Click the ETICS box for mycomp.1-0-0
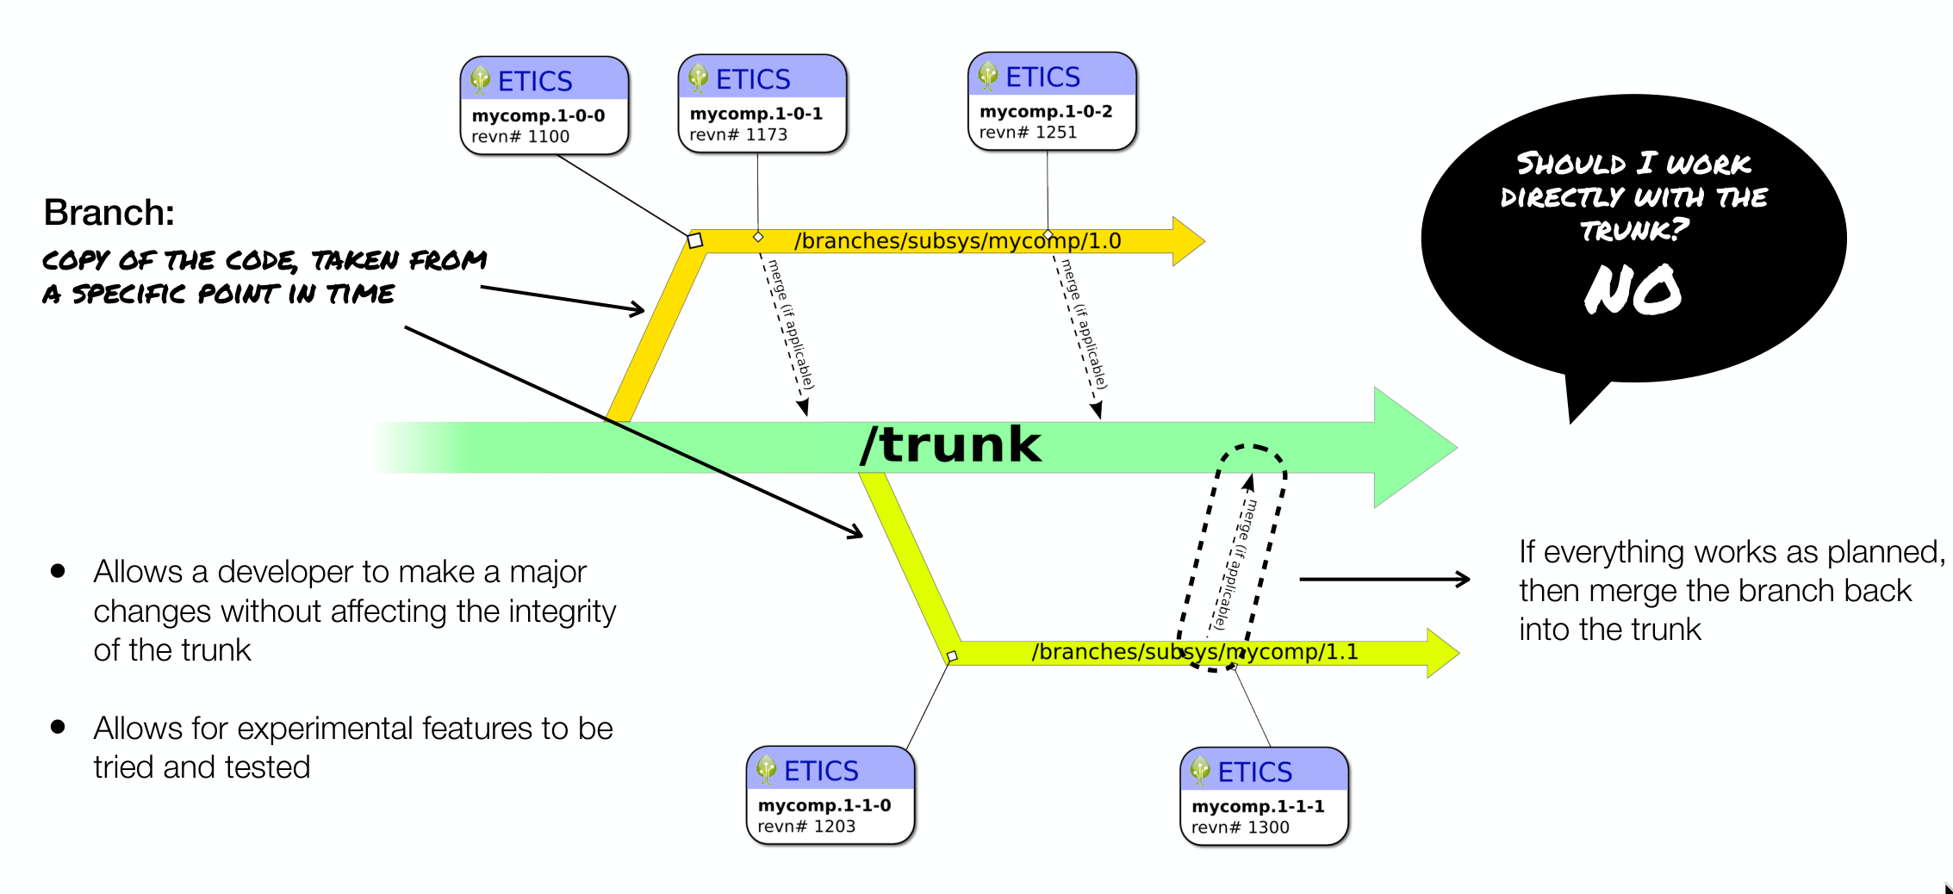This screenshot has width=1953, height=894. [544, 106]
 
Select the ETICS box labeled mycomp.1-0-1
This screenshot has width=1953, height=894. [762, 104]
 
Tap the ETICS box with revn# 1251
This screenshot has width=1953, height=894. [1052, 102]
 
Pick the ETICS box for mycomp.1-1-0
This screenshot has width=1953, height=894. [830, 795]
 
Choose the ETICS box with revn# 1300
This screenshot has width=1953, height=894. [1264, 797]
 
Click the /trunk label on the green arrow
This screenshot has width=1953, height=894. [950, 444]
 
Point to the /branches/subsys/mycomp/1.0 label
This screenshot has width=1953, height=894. [957, 241]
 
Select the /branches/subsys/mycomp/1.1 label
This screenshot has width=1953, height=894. [1195, 652]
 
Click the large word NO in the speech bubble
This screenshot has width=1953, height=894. [1633, 289]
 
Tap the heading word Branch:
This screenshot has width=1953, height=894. [109, 213]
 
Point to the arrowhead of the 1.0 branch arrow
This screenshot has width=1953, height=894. [1188, 241]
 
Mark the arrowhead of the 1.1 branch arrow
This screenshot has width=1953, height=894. [1443, 653]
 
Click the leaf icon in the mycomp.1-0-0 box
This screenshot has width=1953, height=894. [480, 81]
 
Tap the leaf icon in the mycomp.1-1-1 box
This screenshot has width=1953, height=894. [1200, 771]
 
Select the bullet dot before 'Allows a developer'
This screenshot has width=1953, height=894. [59, 570]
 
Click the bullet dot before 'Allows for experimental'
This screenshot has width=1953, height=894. [59, 727]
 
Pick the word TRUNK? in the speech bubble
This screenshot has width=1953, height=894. [1633, 230]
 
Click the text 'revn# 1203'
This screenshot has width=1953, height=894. [806, 826]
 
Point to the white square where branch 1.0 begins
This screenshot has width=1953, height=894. [695, 241]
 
